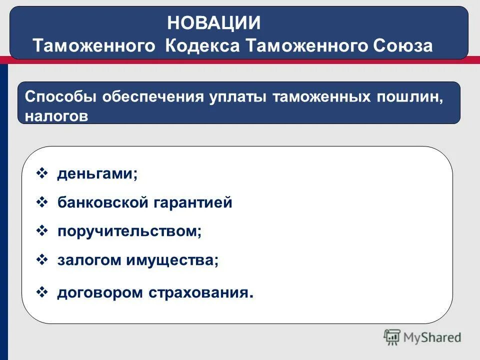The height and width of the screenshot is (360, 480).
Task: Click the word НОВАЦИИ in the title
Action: tap(214, 23)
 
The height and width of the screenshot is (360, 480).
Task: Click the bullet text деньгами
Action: tap(97, 174)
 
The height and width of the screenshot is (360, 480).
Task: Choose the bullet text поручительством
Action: tap(129, 232)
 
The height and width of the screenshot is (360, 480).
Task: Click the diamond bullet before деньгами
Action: tap(42, 174)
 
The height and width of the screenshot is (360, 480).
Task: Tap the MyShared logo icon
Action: tap(392, 337)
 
